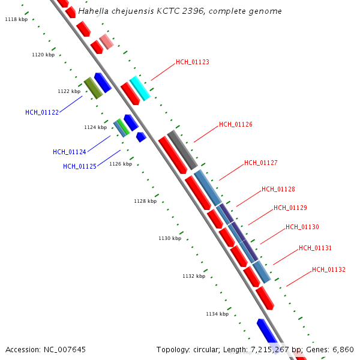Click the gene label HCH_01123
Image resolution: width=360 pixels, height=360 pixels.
coord(192,62)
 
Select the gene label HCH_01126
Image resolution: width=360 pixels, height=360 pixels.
coord(235,124)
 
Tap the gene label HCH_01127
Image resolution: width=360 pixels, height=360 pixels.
coord(260,163)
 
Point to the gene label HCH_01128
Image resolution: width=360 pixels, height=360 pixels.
coord(278,189)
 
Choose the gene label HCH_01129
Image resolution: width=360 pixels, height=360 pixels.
coord(290,208)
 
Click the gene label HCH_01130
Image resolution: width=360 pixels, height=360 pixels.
coord(302,227)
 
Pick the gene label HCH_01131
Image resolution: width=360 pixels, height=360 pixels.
coord(315,248)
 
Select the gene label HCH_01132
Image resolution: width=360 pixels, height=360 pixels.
coord(328,269)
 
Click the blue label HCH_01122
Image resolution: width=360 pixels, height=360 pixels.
coord(42,112)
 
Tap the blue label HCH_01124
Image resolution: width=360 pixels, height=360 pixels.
coord(69,152)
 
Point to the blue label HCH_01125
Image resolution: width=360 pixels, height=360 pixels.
coord(79,166)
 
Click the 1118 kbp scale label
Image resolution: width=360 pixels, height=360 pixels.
coord(16,20)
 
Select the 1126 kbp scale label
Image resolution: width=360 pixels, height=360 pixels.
coord(121,164)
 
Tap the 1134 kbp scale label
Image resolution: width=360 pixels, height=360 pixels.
coord(217,314)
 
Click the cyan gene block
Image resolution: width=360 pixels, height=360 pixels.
coord(139,88)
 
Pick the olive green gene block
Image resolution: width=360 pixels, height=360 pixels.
coord(93,88)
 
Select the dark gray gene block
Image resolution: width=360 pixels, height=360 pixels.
coord(182,149)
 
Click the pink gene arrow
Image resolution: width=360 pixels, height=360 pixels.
coord(106,41)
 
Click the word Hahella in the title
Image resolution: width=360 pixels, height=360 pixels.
coord(94,11)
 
